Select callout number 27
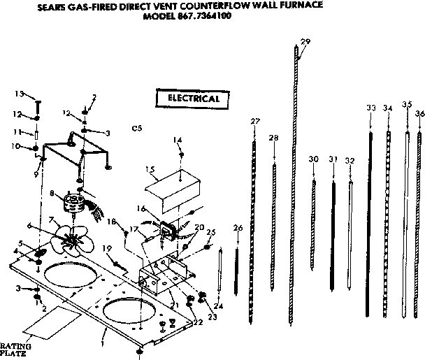point(254,121)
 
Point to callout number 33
point(370,108)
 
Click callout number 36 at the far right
point(419,113)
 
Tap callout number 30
point(314,159)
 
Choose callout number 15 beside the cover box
point(150,170)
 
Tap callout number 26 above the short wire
point(238,229)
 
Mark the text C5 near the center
point(137,129)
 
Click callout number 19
point(106,248)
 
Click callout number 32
point(350,161)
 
